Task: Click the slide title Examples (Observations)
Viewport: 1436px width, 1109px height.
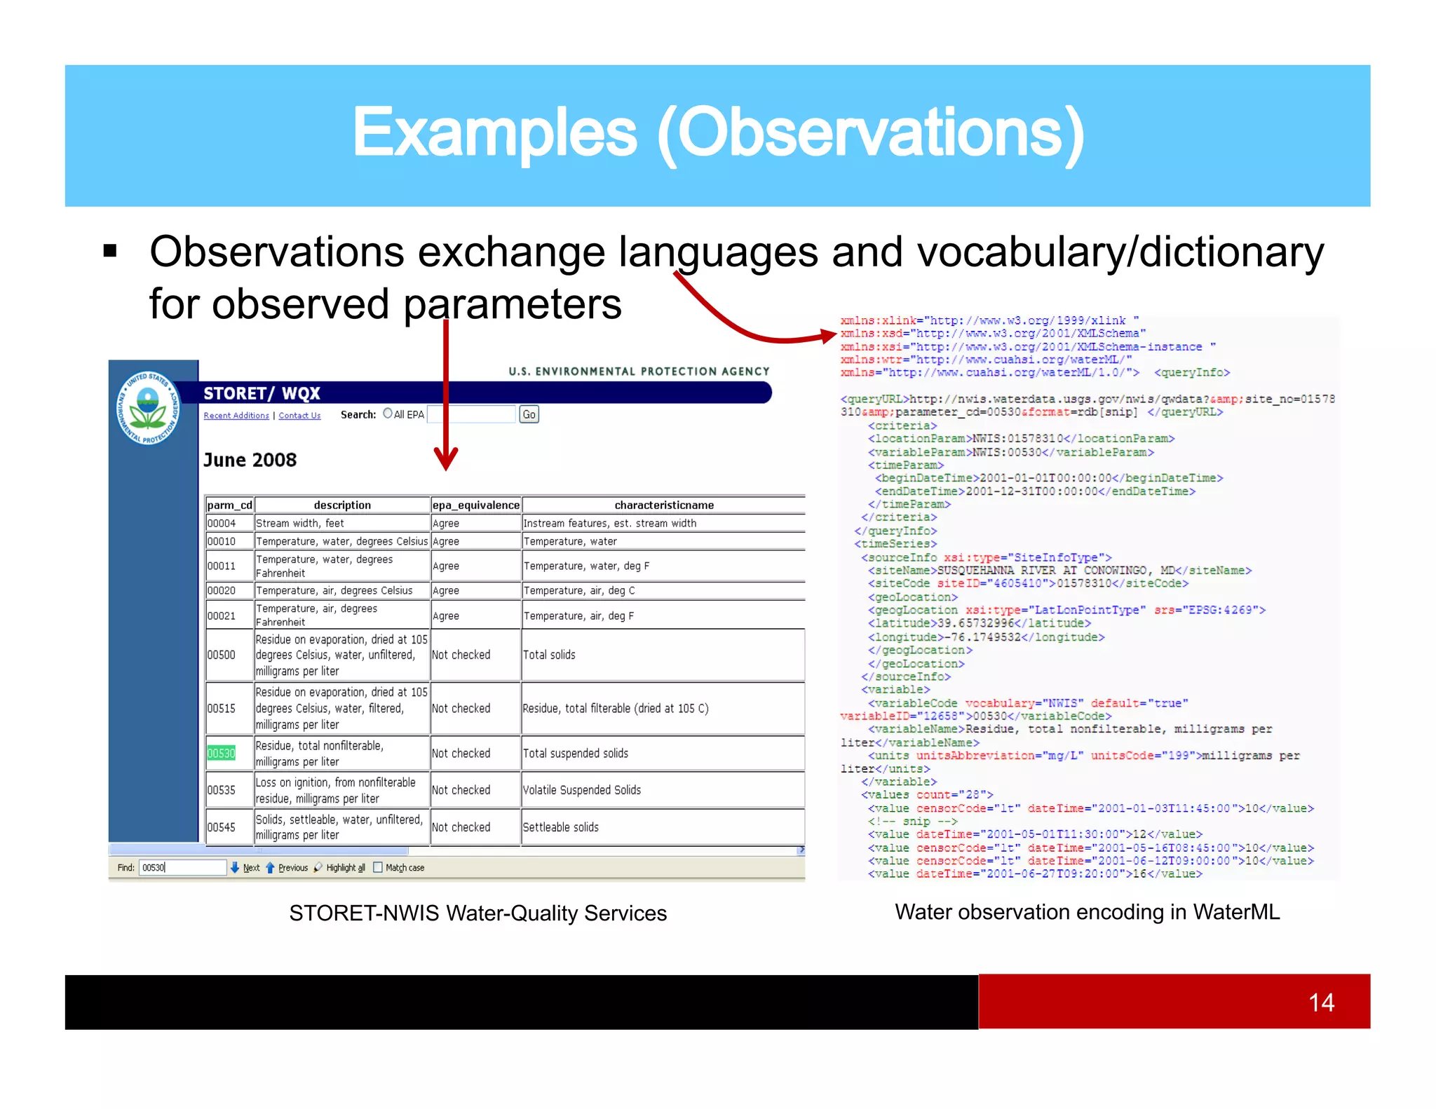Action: pos(718,133)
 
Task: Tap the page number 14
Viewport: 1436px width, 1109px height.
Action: pos(1321,1002)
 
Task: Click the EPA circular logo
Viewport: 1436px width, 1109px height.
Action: pos(148,408)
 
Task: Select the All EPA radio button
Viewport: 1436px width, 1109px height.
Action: pos(388,414)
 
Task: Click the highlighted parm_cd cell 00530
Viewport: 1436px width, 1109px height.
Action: pos(221,753)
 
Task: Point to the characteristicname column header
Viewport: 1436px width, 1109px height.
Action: pos(663,505)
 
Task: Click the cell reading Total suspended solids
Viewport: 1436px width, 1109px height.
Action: pos(576,753)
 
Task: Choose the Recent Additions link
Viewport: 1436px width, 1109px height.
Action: pos(236,416)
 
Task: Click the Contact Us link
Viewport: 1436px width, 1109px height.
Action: pos(299,416)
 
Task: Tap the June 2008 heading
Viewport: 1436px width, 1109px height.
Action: pos(250,460)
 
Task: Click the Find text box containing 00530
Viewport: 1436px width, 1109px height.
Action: pos(182,867)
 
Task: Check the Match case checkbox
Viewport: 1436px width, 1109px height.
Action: pos(378,867)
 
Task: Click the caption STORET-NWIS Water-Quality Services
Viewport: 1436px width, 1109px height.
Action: pos(477,913)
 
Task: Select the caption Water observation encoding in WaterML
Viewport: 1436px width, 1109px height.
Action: pos(1087,911)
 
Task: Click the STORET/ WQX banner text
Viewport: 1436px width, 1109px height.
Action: pos(262,393)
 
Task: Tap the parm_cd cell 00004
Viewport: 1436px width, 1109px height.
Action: pos(222,523)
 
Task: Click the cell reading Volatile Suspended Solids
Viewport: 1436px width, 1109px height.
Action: pos(581,790)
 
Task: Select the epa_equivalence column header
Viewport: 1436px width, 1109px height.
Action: pos(475,505)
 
